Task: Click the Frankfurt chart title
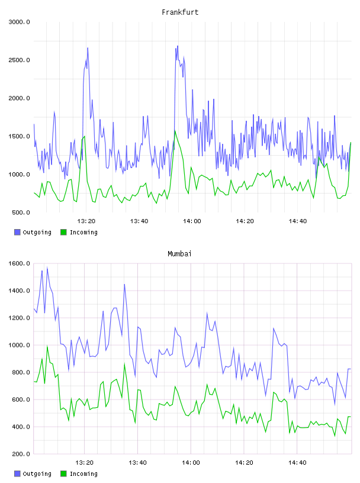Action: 180,12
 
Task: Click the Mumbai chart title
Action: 179,253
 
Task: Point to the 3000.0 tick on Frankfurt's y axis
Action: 19,22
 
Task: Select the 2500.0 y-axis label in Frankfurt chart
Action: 19,60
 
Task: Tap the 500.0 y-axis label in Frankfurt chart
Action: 21,212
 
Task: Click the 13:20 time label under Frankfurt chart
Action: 86,221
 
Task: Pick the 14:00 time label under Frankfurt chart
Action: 192,221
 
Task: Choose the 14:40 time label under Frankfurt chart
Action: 297,221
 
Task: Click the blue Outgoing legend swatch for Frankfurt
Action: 17,232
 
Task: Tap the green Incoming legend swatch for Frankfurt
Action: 63,232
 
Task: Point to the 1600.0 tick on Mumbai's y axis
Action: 19,263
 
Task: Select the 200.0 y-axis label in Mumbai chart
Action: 21,454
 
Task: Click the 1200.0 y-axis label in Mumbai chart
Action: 19,318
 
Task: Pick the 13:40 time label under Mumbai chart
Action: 137,462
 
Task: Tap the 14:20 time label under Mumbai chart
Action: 244,462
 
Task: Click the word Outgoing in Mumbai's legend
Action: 37,474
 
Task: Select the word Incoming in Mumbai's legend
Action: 83,474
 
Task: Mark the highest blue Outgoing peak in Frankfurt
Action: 178,46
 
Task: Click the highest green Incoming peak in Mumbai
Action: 47,346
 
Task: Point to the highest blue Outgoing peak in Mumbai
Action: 47,267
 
